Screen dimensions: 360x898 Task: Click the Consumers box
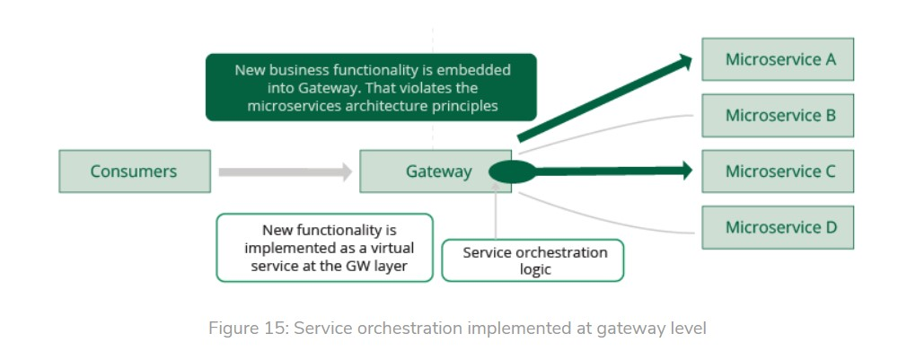(135, 171)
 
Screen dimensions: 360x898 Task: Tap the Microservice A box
(778, 59)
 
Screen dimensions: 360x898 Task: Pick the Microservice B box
(778, 115)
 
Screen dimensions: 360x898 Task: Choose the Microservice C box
(778, 171)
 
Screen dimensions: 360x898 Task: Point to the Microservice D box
(778, 227)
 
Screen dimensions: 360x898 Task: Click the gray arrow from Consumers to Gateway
(284, 171)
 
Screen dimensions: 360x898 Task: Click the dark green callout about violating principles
(371, 87)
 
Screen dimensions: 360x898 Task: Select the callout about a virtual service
(325, 247)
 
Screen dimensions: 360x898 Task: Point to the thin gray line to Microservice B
(611, 129)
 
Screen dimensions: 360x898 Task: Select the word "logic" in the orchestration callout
(535, 269)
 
